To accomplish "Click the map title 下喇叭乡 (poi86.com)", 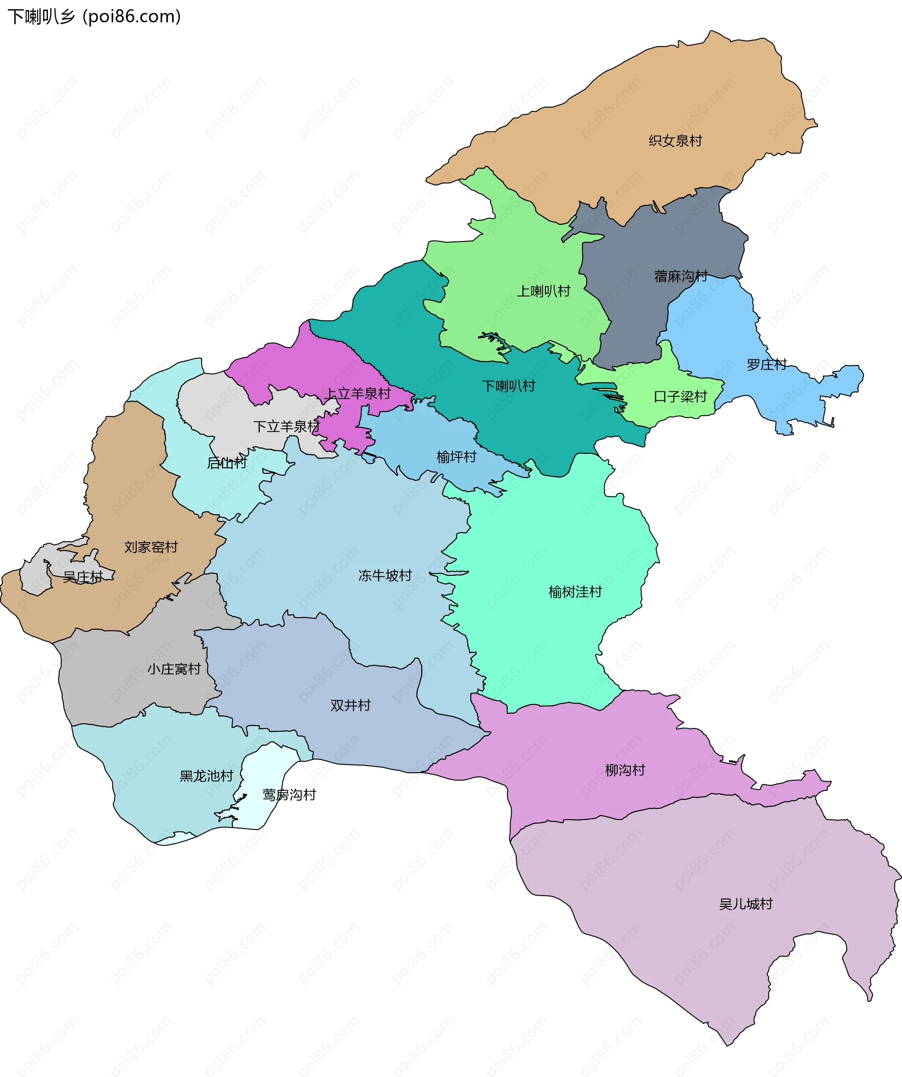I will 94,17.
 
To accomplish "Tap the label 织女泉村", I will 675,140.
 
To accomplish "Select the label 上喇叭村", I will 544,291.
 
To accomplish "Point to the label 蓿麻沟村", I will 680,277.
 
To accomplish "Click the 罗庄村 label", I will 766,364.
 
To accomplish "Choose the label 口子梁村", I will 680,396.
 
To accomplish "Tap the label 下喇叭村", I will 508,386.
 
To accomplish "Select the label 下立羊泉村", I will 286,426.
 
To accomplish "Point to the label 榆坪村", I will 456,457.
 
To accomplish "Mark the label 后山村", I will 227,463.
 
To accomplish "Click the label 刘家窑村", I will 151,547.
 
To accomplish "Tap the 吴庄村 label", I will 83,577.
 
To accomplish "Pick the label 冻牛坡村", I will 385,575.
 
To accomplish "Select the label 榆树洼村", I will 575,592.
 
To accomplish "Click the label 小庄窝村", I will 174,669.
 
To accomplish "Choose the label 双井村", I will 350,705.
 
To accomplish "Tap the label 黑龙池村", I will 206,776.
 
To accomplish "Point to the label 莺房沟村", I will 289,795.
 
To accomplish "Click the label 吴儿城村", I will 745,904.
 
